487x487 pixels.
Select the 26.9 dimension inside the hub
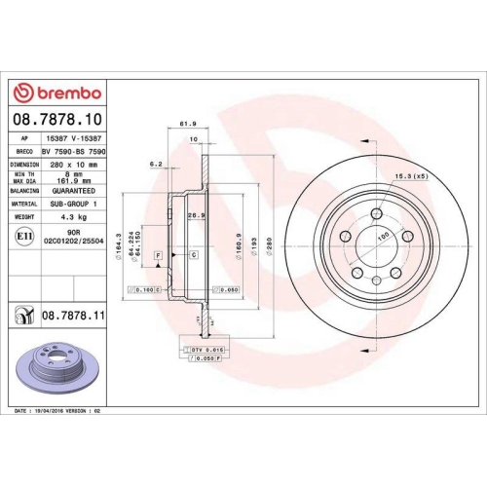(194, 215)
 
